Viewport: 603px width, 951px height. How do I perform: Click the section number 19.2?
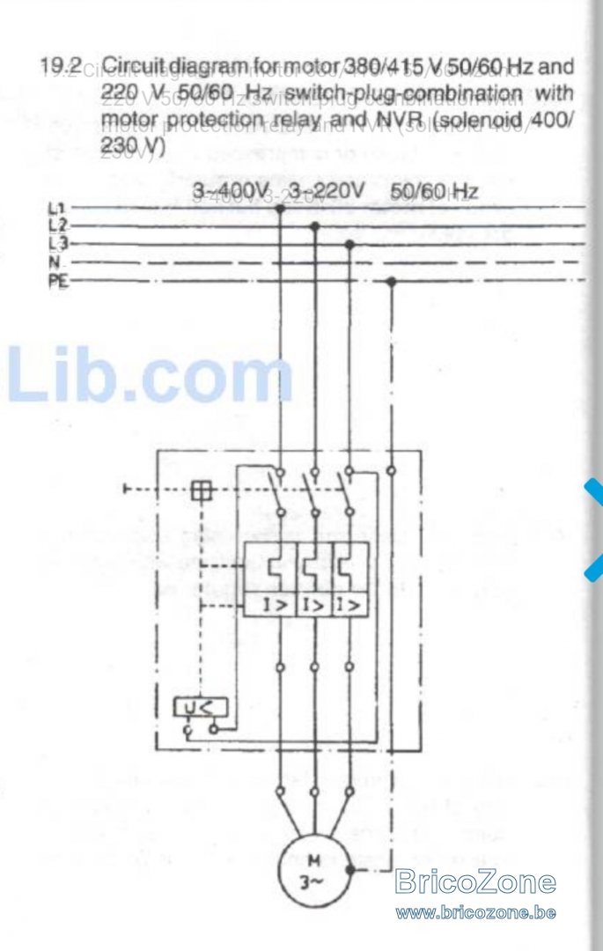click(61, 66)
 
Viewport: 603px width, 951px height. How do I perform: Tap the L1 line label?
click(55, 209)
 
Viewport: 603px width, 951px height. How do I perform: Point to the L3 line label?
click(55, 243)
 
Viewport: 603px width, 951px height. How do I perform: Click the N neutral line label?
click(53, 262)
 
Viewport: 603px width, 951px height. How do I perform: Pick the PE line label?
click(56, 281)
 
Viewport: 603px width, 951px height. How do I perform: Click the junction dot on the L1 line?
click(279, 209)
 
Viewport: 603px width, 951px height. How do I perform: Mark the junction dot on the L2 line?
click(313, 226)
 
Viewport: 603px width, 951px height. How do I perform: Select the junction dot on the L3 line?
click(349, 244)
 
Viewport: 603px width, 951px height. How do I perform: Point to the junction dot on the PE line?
click(392, 281)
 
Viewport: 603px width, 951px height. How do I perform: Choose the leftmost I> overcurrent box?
click(269, 605)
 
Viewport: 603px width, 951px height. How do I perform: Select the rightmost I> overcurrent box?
click(349, 605)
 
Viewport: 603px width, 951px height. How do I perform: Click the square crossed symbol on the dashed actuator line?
click(202, 490)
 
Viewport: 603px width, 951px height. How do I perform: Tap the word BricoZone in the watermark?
click(475, 881)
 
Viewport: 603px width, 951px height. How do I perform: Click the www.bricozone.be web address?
click(475, 912)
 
